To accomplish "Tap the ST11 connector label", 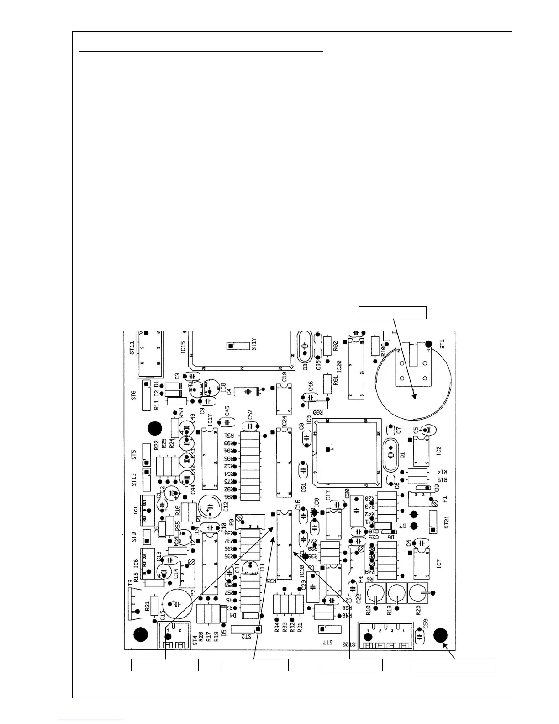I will (x=132, y=348).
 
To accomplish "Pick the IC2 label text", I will (x=438, y=451).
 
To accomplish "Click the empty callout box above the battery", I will (x=392, y=313).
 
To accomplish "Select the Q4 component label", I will (x=229, y=392).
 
